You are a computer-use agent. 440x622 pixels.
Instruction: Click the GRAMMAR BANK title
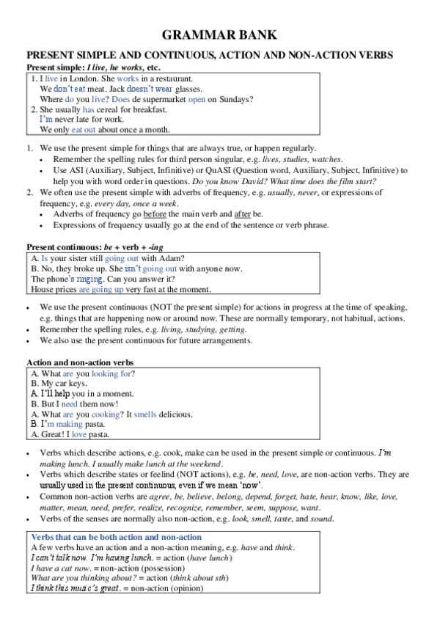[x=219, y=36]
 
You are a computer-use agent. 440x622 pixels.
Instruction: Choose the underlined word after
[x=243, y=213]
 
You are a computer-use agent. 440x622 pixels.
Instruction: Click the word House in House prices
[x=43, y=290]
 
